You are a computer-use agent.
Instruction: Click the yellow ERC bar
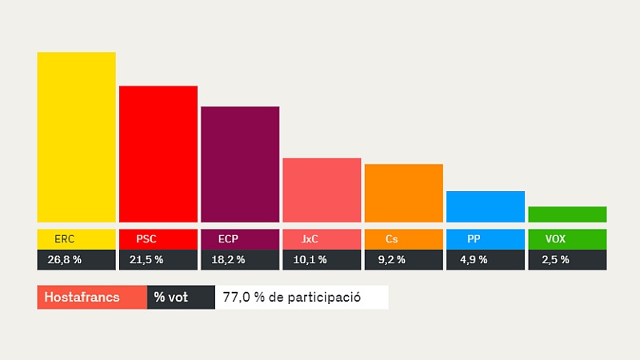(76, 137)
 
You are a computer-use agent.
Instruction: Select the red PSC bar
(158, 154)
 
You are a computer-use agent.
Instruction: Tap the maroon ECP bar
(240, 164)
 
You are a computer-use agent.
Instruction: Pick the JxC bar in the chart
(322, 190)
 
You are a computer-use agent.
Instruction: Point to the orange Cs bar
(403, 193)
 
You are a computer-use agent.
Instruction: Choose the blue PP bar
(485, 206)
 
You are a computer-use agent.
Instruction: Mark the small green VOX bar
(567, 214)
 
